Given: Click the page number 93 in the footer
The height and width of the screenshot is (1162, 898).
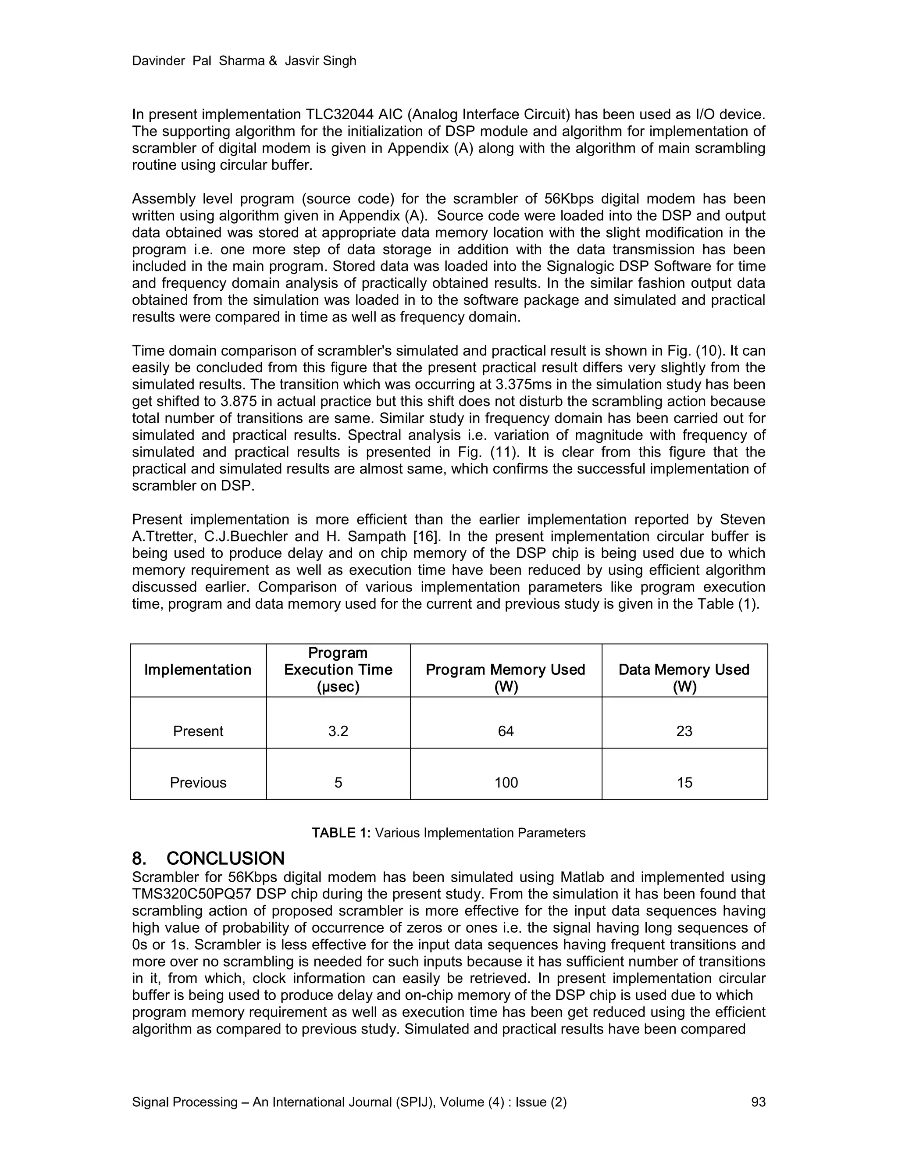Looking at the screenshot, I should point(758,1102).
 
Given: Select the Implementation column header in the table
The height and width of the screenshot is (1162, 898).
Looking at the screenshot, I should point(198,670).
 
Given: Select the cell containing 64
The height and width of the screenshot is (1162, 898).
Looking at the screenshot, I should point(506,731).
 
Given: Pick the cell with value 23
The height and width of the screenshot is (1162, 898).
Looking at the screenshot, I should point(684,731).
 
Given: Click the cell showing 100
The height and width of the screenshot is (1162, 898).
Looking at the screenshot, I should point(506,783).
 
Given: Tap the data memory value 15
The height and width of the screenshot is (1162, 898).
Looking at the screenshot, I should point(684,783).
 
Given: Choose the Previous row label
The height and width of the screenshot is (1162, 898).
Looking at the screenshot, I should point(198,783).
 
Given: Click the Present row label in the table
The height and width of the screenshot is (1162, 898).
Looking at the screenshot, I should point(198,731).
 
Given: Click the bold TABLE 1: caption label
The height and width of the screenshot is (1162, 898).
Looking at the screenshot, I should point(340,833).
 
